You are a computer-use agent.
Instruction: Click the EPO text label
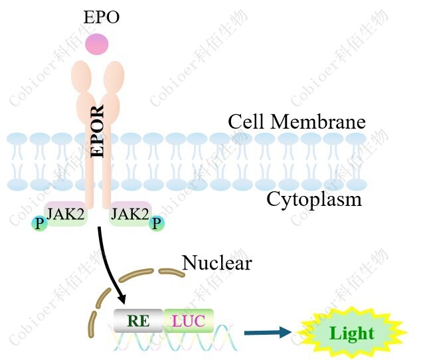101,17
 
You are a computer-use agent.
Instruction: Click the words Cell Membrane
297,122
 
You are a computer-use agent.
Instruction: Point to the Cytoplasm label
314,199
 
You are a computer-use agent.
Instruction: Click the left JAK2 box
65,215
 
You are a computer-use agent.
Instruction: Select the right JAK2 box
130,215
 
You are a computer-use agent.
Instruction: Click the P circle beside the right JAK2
157,223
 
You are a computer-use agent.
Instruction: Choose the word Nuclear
217,263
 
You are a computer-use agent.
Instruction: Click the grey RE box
138,321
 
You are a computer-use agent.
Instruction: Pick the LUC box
189,321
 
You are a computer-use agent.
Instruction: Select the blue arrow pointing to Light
267,332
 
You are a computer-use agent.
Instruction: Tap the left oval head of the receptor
82,76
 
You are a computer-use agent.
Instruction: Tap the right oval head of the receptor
114,76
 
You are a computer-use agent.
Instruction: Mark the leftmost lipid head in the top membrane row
17,140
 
